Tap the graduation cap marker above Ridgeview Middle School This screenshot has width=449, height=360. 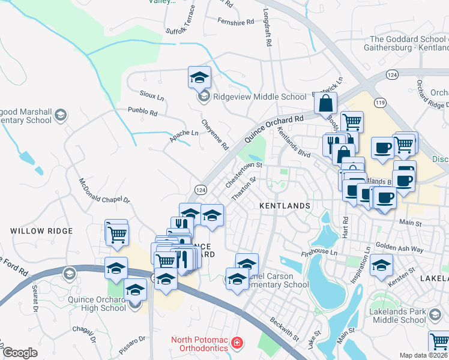[199, 77]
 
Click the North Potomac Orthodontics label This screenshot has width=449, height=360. [199, 343]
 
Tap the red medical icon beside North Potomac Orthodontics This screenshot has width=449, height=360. [238, 343]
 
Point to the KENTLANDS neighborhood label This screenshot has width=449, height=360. [285, 206]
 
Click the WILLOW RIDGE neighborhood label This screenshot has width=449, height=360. [41, 230]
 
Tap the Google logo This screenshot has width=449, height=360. [20, 353]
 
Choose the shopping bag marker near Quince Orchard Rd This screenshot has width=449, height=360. [325, 103]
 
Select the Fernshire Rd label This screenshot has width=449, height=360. [237, 22]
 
